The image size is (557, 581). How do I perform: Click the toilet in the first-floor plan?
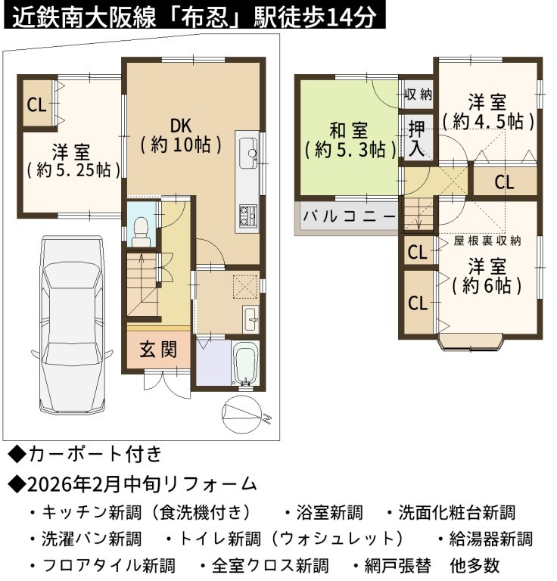pyautogui.click(x=141, y=231)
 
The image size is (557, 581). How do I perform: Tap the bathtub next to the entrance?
pyautogui.click(x=244, y=363)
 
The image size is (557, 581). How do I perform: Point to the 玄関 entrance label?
pyautogui.click(x=159, y=349)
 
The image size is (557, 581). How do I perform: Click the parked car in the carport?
pyautogui.click(x=72, y=325)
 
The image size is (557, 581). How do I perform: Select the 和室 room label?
pyautogui.click(x=349, y=131)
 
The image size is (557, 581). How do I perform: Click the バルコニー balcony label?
pyautogui.click(x=349, y=216)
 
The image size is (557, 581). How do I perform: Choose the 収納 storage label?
pyautogui.click(x=418, y=95)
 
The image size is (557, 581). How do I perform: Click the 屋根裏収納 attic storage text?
pyautogui.click(x=487, y=241)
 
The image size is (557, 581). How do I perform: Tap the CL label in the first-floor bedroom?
pyautogui.click(x=36, y=104)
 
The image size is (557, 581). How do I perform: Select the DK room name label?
pyautogui.click(x=181, y=126)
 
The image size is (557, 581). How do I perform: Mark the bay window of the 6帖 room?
pyautogui.click(x=470, y=342)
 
